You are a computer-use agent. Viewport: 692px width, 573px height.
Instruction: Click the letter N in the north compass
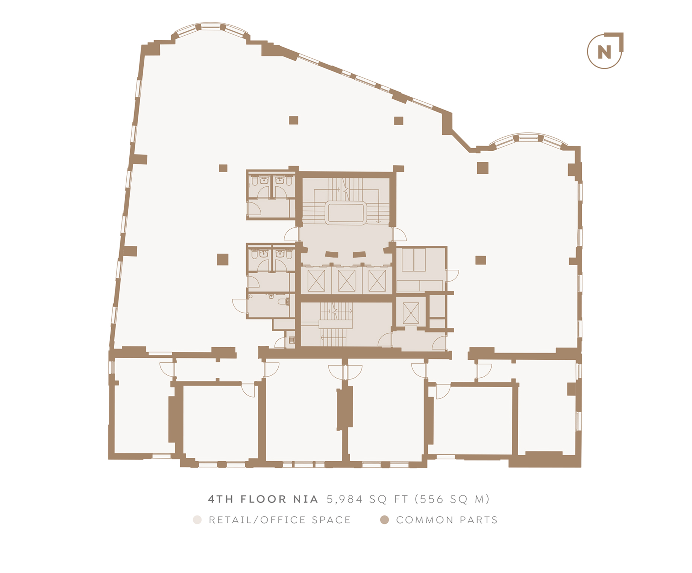pos(604,52)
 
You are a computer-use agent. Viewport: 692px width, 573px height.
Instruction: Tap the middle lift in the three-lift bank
pos(346,281)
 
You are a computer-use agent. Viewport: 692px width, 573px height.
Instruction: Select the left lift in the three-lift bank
pos(316,281)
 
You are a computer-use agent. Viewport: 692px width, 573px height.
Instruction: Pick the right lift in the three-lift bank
pos(377,281)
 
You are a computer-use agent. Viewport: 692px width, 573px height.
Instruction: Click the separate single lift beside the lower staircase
pos(411,313)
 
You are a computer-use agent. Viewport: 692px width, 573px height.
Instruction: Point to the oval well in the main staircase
pos(346,213)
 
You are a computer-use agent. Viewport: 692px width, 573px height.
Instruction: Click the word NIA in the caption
pos(306,499)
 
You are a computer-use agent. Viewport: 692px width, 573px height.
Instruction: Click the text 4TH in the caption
pos(221,499)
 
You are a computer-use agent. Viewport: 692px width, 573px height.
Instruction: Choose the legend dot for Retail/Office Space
pos(197,520)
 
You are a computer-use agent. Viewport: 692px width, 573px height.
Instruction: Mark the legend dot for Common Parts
pos(384,520)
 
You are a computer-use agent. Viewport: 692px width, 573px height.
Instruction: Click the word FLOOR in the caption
pos(263,499)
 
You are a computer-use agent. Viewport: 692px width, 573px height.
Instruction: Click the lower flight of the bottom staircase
pos(332,337)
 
